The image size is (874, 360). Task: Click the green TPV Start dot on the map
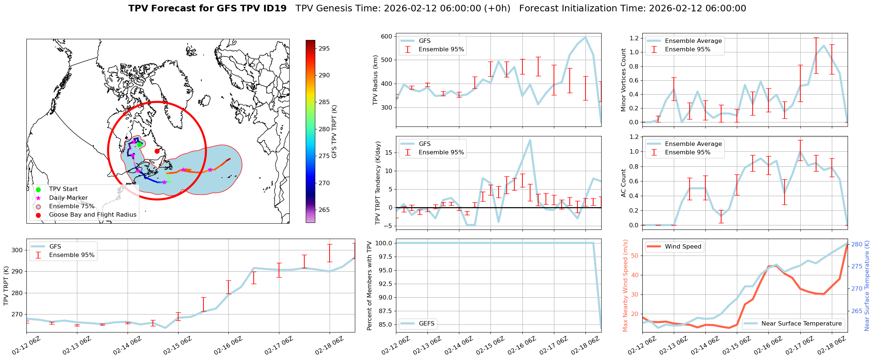click(139, 144)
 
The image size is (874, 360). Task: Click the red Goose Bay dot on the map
click(157, 151)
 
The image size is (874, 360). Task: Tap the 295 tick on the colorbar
click(323, 48)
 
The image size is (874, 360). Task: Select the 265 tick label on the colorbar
click(324, 210)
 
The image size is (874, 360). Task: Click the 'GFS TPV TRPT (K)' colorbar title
click(334, 132)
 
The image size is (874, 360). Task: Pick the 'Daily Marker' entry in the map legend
click(68, 198)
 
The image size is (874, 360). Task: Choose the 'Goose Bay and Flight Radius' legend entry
click(92, 215)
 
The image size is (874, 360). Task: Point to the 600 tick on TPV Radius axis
click(386, 36)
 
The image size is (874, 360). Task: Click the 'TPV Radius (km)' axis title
click(375, 80)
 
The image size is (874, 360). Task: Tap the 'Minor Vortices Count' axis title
click(623, 80)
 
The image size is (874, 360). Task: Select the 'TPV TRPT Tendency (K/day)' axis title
click(378, 183)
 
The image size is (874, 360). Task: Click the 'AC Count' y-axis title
click(623, 183)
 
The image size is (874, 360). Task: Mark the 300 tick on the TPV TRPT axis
click(18, 250)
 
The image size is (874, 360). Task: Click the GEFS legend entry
click(426, 323)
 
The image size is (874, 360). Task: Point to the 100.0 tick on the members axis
click(382, 243)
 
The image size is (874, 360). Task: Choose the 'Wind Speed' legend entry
click(683, 246)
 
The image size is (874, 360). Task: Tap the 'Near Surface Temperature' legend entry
click(801, 323)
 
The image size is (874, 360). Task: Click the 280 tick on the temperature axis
click(857, 244)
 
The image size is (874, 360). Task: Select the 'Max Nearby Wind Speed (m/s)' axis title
click(625, 286)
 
